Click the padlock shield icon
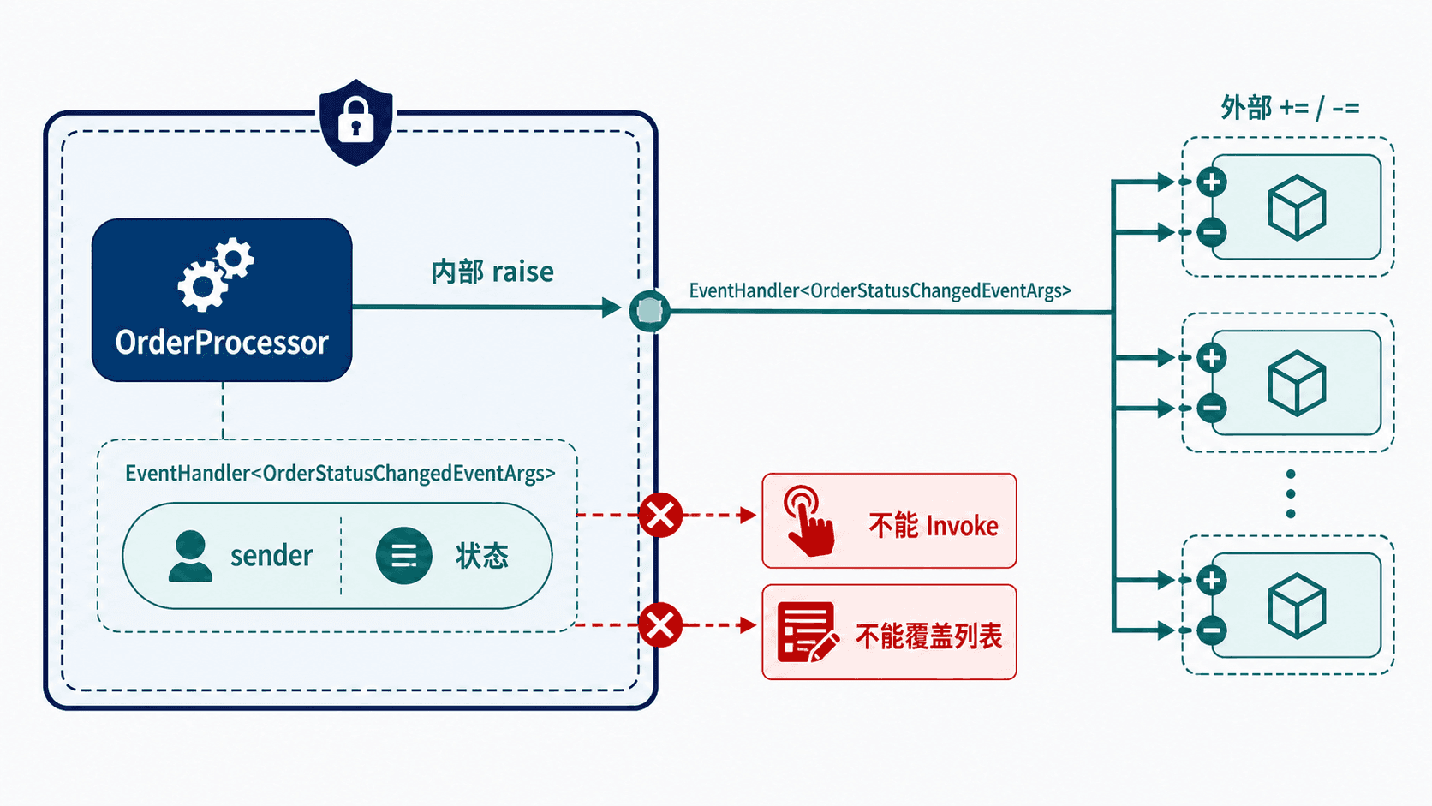coord(356,122)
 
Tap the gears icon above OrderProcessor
coord(216,274)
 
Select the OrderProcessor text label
coord(222,343)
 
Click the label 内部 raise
coord(492,272)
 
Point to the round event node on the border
coord(649,311)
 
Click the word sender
coord(271,555)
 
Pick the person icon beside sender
coord(190,556)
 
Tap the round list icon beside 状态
coord(403,556)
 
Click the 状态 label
coord(482,556)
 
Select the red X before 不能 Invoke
coord(660,515)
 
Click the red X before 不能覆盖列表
coord(660,625)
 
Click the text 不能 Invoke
coord(934,526)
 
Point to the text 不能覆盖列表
coord(929,636)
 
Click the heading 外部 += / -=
coord(1290,107)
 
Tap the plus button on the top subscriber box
coord(1211,182)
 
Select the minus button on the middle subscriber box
coord(1211,408)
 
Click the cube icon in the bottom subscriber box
coord(1297,606)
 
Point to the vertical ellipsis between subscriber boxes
coord(1291,494)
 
